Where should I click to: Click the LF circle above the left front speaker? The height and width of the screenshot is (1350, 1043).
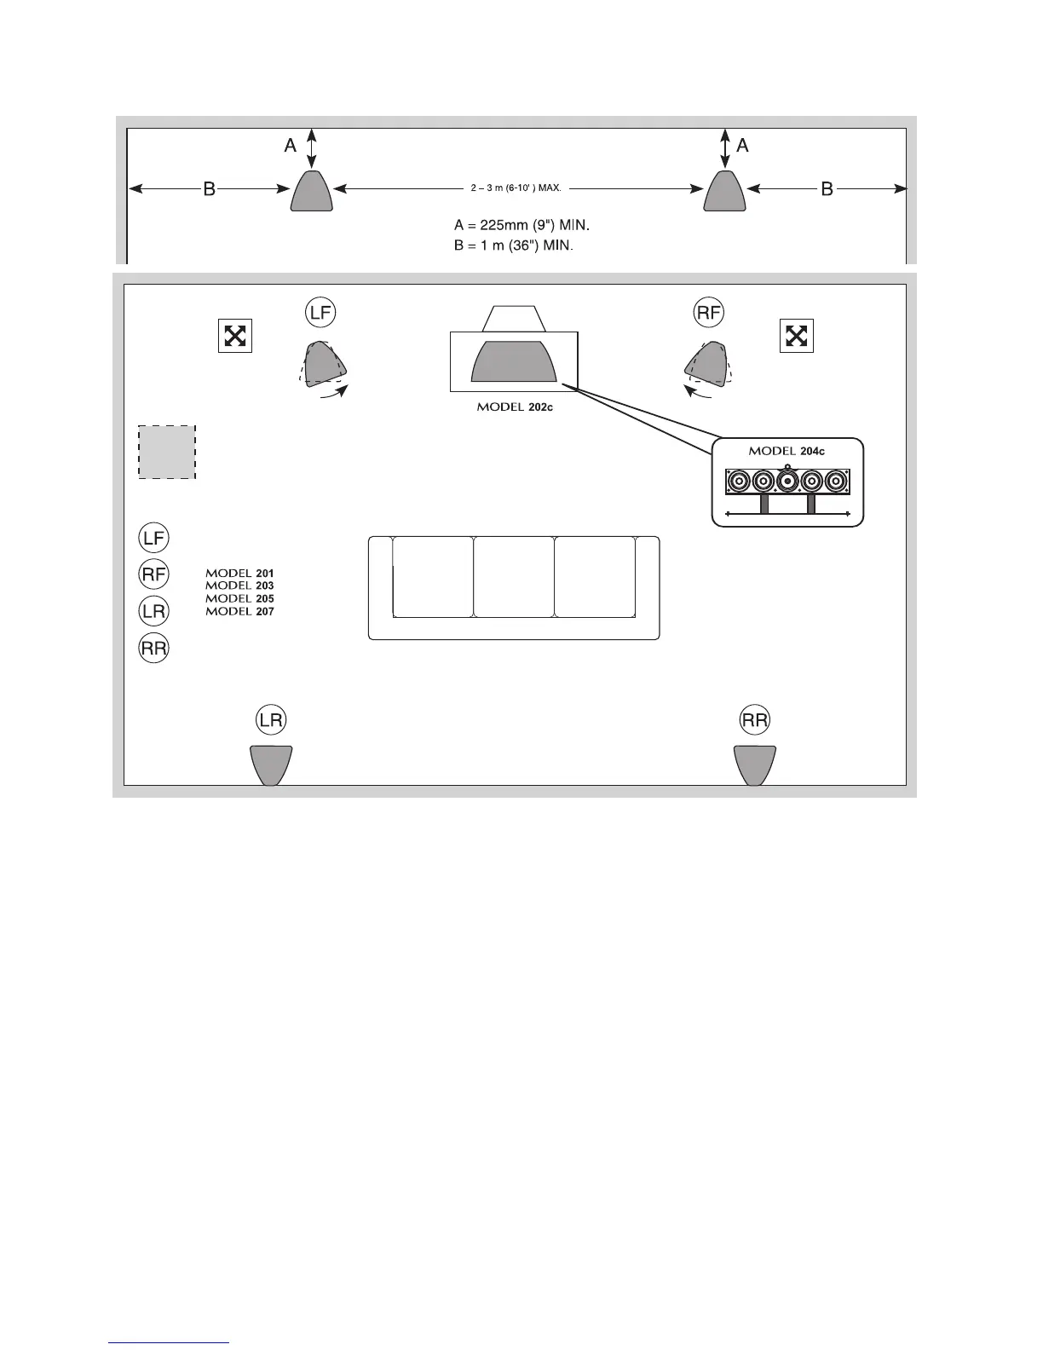(320, 314)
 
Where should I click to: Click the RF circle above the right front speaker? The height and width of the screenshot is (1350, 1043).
(709, 314)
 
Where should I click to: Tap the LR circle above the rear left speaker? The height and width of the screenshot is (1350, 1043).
(271, 721)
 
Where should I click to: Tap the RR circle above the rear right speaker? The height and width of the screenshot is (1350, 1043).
(755, 721)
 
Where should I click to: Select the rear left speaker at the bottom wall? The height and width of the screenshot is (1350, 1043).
(271, 764)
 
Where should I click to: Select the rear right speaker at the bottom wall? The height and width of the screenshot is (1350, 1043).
(755, 764)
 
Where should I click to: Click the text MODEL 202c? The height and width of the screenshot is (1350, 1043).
(515, 407)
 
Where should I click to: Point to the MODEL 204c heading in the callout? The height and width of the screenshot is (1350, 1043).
(787, 451)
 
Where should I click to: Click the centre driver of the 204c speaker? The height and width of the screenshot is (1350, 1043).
(788, 482)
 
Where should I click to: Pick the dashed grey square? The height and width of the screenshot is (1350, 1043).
(167, 452)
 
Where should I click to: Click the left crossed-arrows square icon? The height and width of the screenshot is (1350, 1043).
(234, 336)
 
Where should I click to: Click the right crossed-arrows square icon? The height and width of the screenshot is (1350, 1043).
(796, 336)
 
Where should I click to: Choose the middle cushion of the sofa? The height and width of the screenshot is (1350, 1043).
(514, 576)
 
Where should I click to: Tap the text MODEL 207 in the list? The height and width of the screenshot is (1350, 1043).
(239, 612)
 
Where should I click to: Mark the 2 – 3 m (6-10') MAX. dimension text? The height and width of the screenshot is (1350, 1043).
(516, 187)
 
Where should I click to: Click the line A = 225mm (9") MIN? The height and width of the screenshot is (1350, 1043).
(521, 227)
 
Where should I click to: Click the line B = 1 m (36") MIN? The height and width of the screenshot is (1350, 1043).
(513, 245)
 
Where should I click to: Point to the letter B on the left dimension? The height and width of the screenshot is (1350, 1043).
(209, 189)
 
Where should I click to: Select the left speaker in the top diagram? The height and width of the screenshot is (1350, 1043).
(312, 191)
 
